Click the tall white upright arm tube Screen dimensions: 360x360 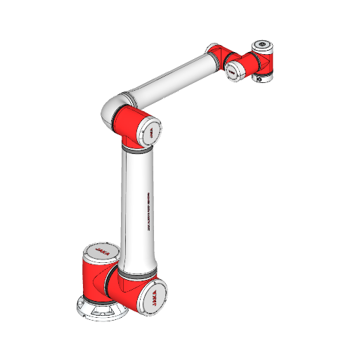(136, 211)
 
